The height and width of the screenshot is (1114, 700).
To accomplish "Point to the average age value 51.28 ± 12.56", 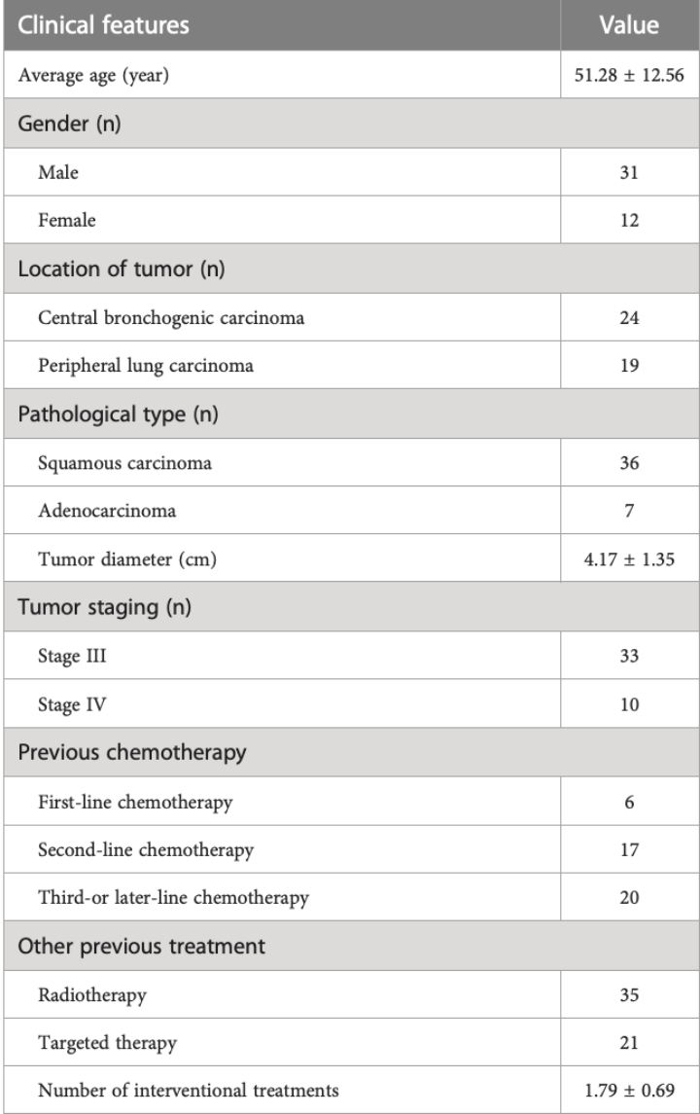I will (629, 74).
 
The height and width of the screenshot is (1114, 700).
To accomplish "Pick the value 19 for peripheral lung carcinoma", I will (629, 363).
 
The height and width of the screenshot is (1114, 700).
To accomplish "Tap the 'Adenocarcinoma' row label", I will (94, 510).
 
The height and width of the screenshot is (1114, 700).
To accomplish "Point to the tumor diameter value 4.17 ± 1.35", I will (629, 557).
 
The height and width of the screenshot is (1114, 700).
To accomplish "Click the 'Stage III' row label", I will (67, 655).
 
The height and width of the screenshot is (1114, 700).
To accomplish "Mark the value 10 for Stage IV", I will (629, 703).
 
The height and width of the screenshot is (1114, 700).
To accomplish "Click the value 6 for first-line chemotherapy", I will (629, 801).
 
